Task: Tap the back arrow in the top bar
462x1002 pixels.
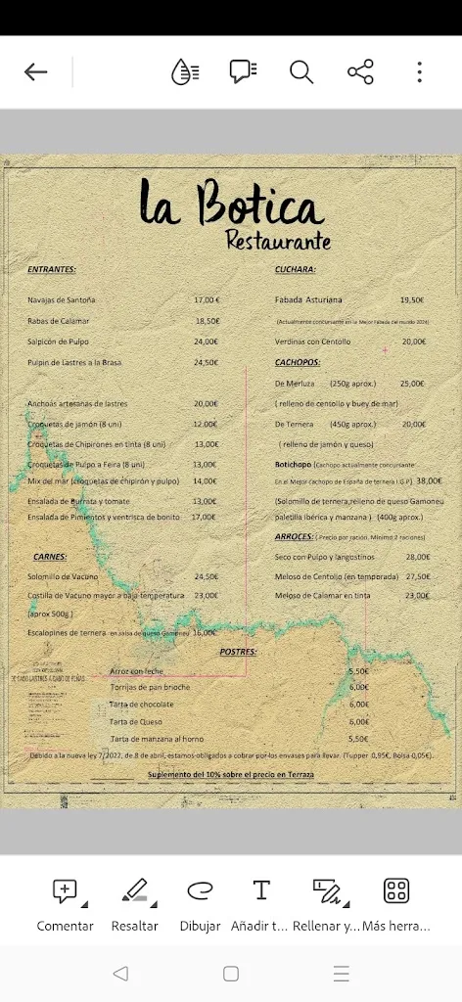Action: tap(36, 71)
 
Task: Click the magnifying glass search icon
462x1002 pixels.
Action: tap(300, 71)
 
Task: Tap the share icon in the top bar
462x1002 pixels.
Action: tap(360, 71)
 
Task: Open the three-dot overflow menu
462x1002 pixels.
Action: tap(419, 71)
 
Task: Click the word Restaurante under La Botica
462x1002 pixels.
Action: tap(278, 239)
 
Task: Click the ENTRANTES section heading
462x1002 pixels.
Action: tap(52, 269)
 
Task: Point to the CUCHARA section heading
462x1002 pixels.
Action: tap(296, 269)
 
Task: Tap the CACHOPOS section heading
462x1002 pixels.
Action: tap(298, 362)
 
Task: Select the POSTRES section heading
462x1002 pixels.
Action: tap(238, 651)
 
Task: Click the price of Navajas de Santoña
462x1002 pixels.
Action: tap(207, 300)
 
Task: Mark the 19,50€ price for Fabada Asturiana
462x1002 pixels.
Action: tap(411, 300)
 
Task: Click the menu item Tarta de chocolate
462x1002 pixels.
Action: tap(143, 705)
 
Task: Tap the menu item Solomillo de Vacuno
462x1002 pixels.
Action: tap(63, 576)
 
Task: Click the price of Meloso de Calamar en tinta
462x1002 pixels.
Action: tap(417, 595)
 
